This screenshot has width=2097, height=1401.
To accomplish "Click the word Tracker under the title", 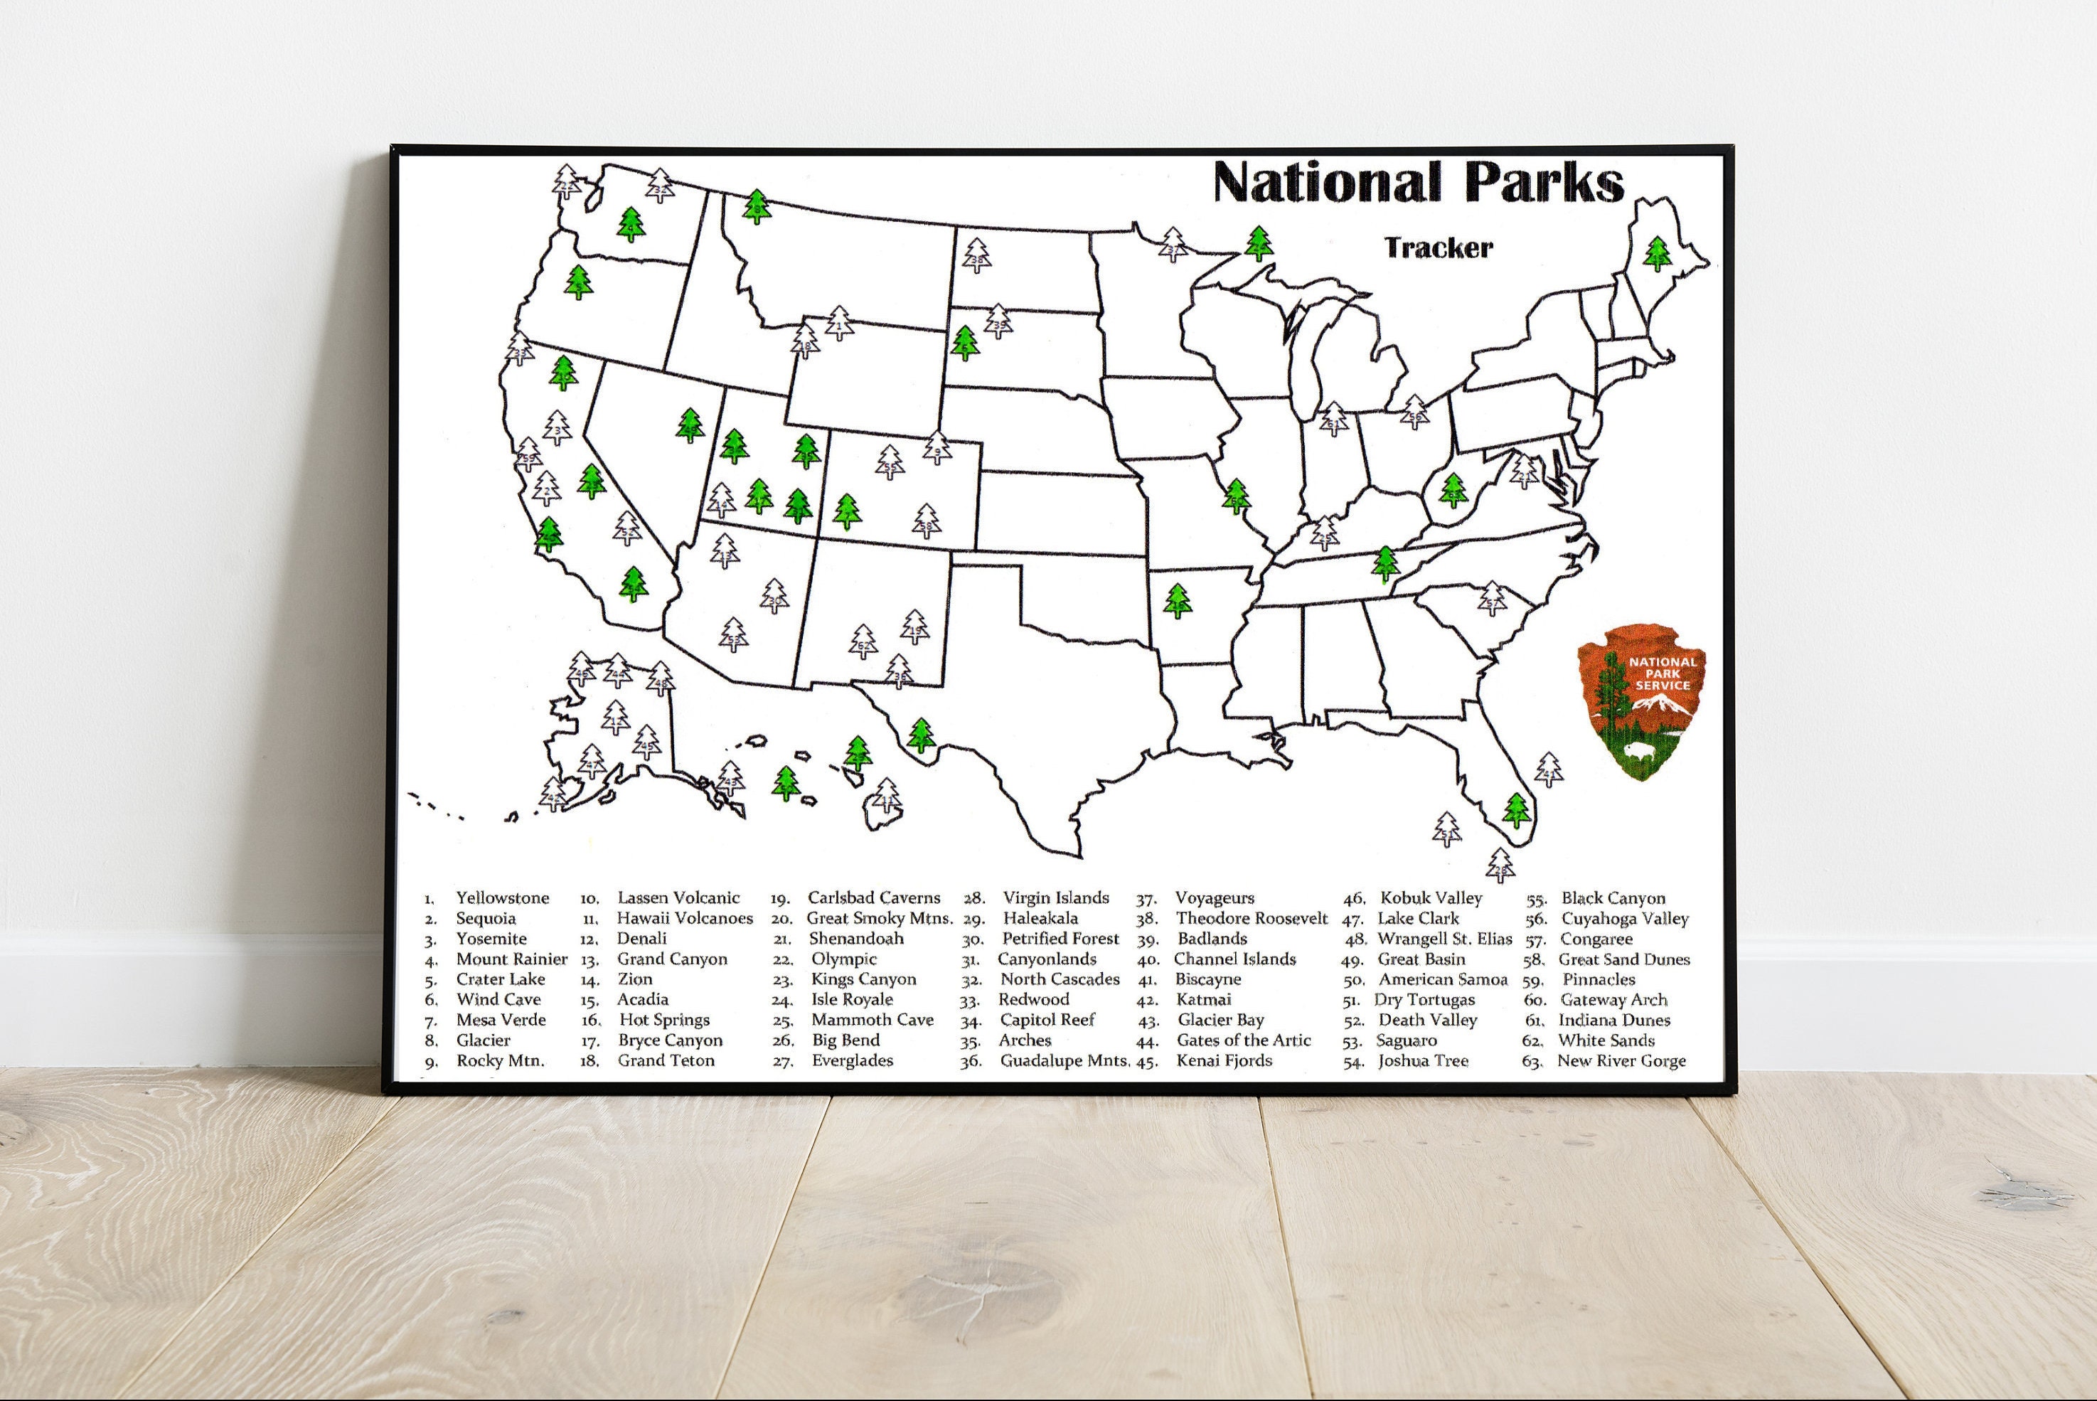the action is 1439,247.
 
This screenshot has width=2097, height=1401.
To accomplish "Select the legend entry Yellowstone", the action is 502,898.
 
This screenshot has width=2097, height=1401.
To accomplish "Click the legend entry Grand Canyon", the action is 672,959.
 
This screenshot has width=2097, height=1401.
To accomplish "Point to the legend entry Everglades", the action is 851,1060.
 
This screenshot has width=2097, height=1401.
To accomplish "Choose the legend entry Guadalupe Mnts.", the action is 1064,1060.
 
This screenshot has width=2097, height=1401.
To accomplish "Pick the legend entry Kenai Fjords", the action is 1224,1060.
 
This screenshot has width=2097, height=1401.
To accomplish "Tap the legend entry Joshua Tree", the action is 1422,1060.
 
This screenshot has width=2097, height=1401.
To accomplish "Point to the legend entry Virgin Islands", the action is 1055,898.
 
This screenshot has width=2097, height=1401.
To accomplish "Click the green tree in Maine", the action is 1658,254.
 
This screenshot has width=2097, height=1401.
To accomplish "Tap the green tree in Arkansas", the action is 1178,602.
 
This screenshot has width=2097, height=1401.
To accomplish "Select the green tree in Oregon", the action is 578,282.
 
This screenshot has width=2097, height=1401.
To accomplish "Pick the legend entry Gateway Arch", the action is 1613,1000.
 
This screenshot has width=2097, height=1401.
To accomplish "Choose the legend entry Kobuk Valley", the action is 1431,898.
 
